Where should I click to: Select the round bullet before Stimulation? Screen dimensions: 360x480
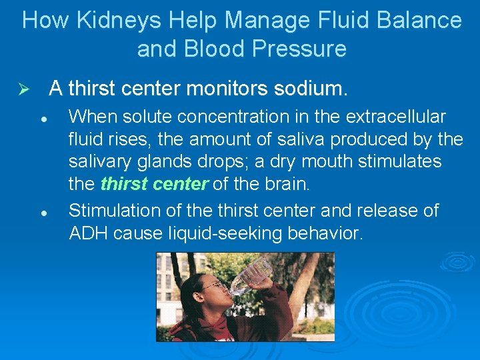pyautogui.click(x=42, y=211)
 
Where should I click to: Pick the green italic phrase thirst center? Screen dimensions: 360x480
pyautogui.click(x=154, y=184)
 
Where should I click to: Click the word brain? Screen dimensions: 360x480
pyautogui.click(x=291, y=184)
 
